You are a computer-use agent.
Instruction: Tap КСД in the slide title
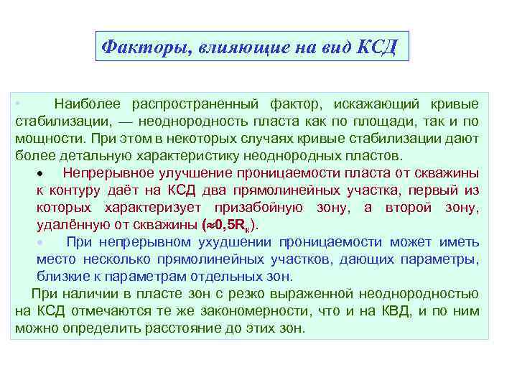(376, 47)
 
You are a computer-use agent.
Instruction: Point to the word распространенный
(189, 104)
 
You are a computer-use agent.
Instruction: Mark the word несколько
(118, 259)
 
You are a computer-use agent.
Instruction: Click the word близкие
(62, 276)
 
